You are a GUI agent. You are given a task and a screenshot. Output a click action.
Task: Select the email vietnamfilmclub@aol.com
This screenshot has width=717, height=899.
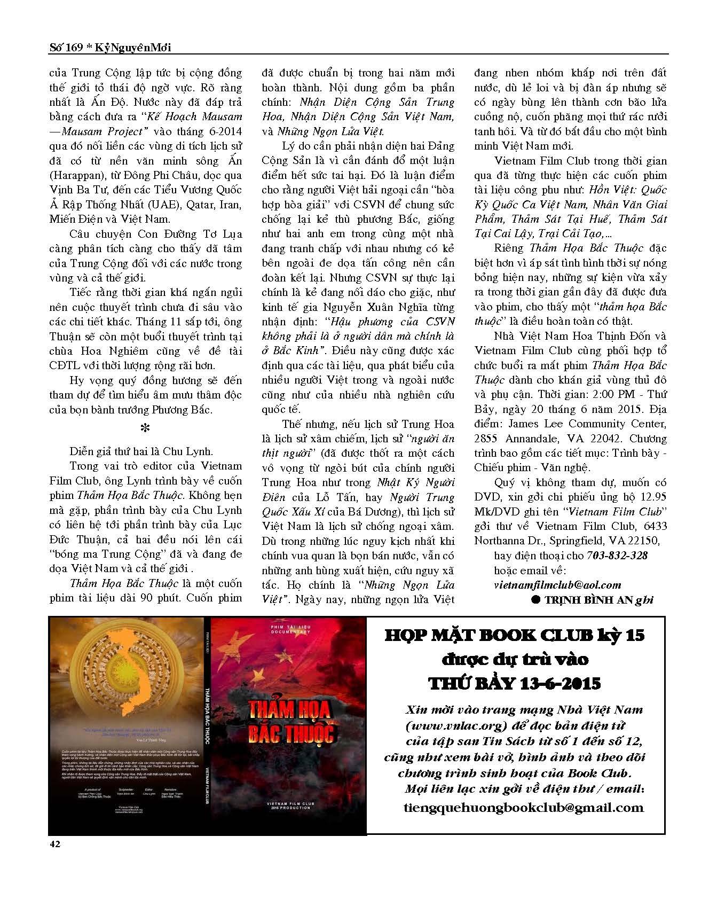click(557, 585)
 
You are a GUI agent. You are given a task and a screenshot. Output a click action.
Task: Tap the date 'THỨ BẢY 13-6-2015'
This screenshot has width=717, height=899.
click(515, 683)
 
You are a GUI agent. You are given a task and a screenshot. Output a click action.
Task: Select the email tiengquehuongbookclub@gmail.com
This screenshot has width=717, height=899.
click(524, 807)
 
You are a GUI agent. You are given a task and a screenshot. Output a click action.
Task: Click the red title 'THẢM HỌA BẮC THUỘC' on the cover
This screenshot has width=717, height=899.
click(290, 721)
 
